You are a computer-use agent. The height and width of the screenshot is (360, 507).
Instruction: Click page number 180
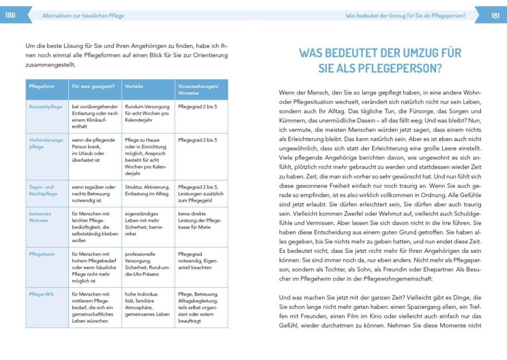pos(10,16)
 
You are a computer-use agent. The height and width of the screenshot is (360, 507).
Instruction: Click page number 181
pos(496,16)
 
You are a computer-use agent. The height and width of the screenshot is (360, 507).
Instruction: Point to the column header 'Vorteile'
pos(134,86)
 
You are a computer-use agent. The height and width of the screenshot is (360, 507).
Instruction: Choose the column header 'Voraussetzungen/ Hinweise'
pos(199,89)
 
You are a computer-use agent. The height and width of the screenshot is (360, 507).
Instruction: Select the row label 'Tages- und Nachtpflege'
pos(42,191)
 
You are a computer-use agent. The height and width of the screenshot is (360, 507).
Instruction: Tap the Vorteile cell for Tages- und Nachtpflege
pos(147,190)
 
